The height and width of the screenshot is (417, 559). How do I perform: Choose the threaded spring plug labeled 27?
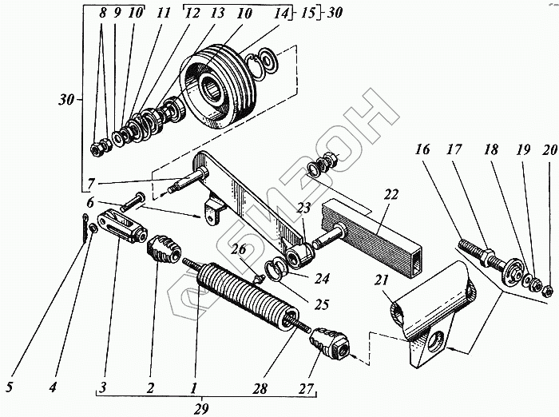click(328, 345)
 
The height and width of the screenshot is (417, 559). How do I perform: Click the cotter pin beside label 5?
click(85, 227)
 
